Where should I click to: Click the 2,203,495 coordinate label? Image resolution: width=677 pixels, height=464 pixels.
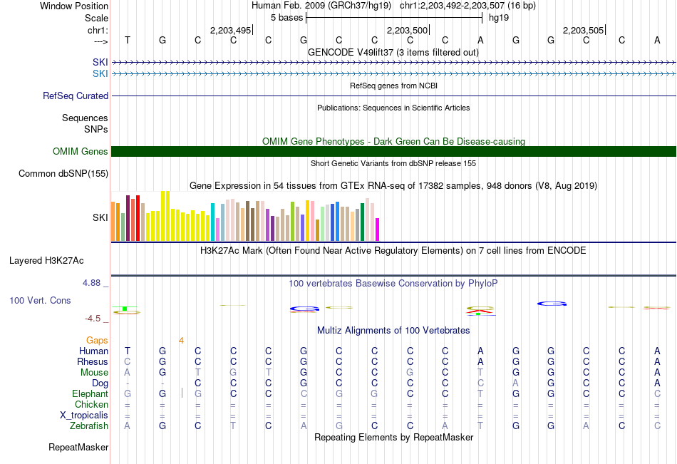click(230, 30)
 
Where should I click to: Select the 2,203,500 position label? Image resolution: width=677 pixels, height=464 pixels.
click(407, 30)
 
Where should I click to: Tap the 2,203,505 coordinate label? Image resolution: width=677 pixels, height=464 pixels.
click(583, 30)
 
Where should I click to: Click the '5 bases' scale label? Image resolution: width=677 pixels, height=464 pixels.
click(286, 18)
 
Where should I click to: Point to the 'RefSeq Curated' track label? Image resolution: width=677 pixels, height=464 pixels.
click(76, 96)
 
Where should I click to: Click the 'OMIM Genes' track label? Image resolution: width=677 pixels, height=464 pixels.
click(81, 151)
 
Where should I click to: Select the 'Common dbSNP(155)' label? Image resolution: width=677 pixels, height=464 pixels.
click(63, 174)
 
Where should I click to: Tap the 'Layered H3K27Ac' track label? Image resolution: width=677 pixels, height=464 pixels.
click(46, 261)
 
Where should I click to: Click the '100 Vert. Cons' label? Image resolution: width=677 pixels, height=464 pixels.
click(40, 300)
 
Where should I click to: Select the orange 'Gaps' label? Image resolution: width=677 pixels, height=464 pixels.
click(97, 341)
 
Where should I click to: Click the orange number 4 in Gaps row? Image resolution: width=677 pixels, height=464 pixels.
click(181, 341)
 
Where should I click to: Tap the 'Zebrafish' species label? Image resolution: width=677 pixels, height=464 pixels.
click(89, 426)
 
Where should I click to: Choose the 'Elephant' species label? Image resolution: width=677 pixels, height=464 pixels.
click(91, 394)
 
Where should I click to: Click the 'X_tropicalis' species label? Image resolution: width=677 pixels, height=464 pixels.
click(84, 416)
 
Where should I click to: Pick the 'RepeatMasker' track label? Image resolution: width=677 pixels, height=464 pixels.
click(78, 447)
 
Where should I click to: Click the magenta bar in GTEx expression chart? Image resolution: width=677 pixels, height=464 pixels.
click(378, 230)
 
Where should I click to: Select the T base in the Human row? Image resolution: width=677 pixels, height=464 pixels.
click(128, 351)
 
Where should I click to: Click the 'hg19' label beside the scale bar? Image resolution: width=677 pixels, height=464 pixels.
click(499, 18)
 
